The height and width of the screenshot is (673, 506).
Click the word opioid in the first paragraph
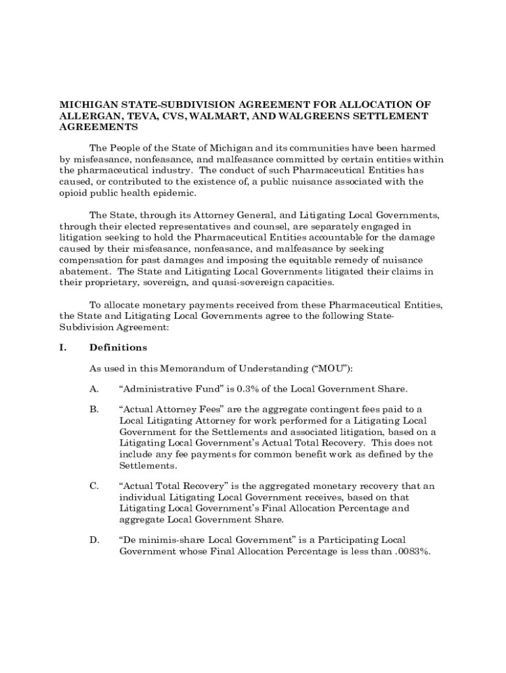(73, 193)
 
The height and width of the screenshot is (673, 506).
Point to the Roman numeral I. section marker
(64, 348)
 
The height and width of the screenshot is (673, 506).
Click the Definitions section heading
(118, 348)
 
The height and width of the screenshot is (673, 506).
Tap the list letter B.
(94, 409)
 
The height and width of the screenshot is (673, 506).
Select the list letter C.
(94, 486)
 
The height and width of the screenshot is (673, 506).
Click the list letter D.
(94, 540)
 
